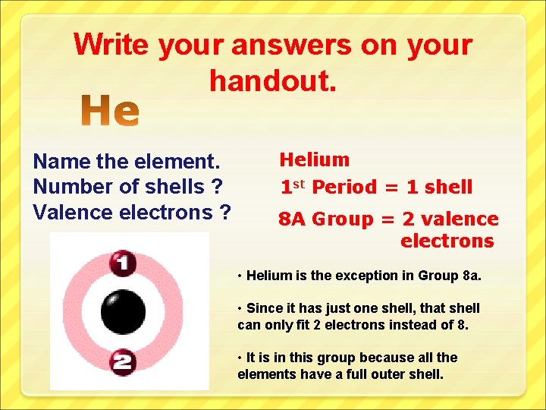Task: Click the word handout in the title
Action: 271,78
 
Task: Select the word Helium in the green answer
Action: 315,159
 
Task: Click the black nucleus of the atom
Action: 123,312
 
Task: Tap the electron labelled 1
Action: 122,263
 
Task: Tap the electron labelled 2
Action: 122,361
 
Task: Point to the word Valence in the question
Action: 73,212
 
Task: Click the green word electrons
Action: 447,241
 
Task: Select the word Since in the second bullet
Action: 264,308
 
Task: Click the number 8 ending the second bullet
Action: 464,325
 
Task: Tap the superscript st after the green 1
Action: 300,182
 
